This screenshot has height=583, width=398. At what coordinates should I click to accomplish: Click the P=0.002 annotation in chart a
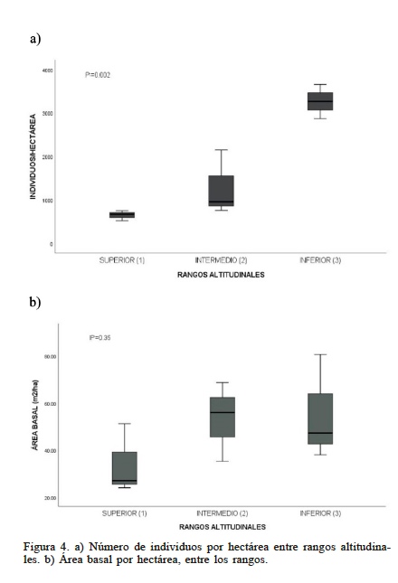pos(98,75)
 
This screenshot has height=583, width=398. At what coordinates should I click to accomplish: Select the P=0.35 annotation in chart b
pos(99,338)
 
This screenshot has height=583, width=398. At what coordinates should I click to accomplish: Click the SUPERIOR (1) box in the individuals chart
pos(122,214)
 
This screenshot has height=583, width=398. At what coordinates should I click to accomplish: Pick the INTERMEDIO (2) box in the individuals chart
pos(221,191)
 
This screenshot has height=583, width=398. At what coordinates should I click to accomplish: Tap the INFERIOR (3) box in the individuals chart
pos(320,101)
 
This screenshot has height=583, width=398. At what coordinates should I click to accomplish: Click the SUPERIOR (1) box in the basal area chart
pos(125,468)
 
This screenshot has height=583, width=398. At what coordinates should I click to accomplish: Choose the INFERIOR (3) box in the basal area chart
pos(320,418)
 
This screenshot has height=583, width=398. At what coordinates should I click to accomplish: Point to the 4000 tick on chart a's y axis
pos(47,70)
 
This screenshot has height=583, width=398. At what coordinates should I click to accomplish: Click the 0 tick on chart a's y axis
pos(51,244)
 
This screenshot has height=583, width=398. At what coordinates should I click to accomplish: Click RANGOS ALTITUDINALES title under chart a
pos(221,275)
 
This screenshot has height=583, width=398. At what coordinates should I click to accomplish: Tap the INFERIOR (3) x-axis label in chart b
pos(320,513)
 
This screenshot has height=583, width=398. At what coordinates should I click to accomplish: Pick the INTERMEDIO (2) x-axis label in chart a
pos(221,259)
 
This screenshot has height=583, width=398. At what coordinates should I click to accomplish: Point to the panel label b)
pos(35,301)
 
